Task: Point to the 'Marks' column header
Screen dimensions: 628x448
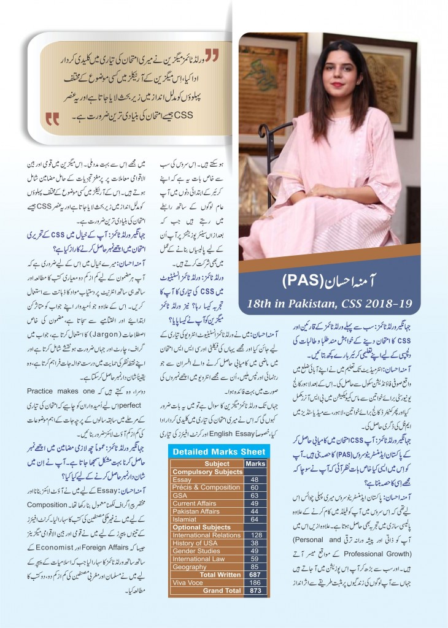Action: pos(255,464)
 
